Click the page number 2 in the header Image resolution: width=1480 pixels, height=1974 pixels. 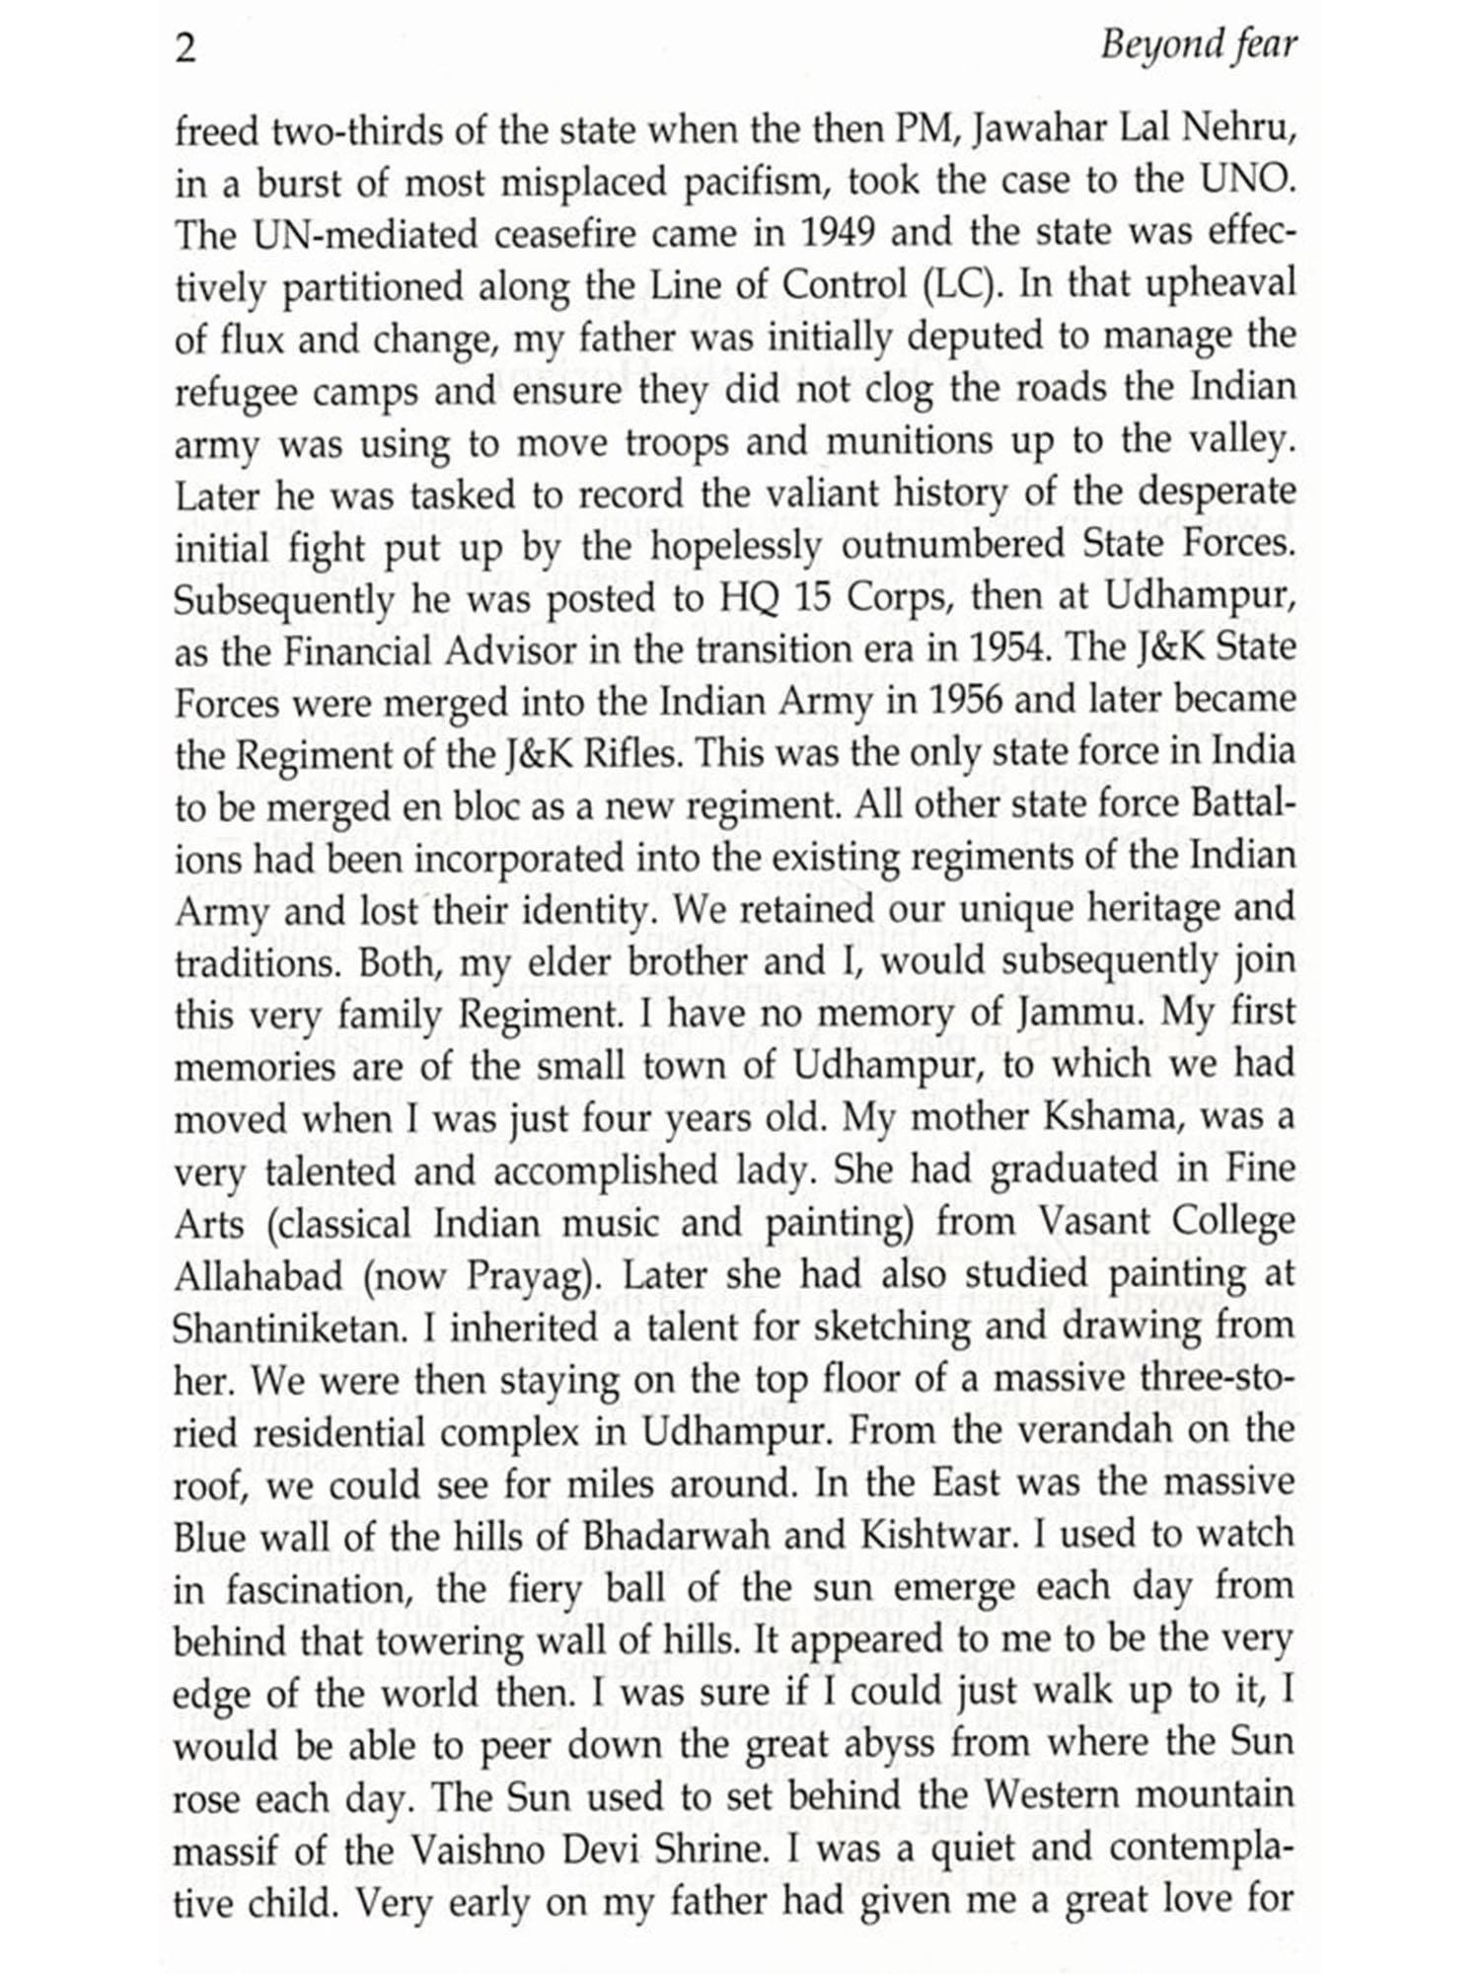click(185, 46)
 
